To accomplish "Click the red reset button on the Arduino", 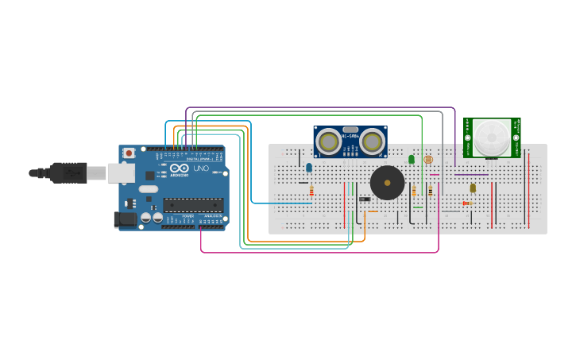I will tap(129, 153).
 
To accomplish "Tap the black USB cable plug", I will tap(70, 172).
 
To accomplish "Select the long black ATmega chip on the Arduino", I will tap(192, 205).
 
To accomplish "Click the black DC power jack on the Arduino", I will tap(125, 219).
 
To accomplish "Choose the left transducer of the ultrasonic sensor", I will tap(328, 141).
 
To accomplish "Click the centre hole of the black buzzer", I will tap(387, 184).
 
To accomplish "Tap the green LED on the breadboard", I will tap(412, 160).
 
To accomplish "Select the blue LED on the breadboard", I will tap(309, 167).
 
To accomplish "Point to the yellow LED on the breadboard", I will tap(473, 188).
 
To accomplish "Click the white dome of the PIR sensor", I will tap(493, 137).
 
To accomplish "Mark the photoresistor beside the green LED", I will tap(428, 160).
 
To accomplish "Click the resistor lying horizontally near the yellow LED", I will tap(467, 203).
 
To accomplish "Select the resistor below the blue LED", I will tap(311, 191).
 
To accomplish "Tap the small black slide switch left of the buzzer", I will tap(365, 199).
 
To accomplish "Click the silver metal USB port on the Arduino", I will tap(121, 172).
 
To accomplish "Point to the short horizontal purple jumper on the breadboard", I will tap(472, 174).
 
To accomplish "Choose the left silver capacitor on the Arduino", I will tap(146, 216).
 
